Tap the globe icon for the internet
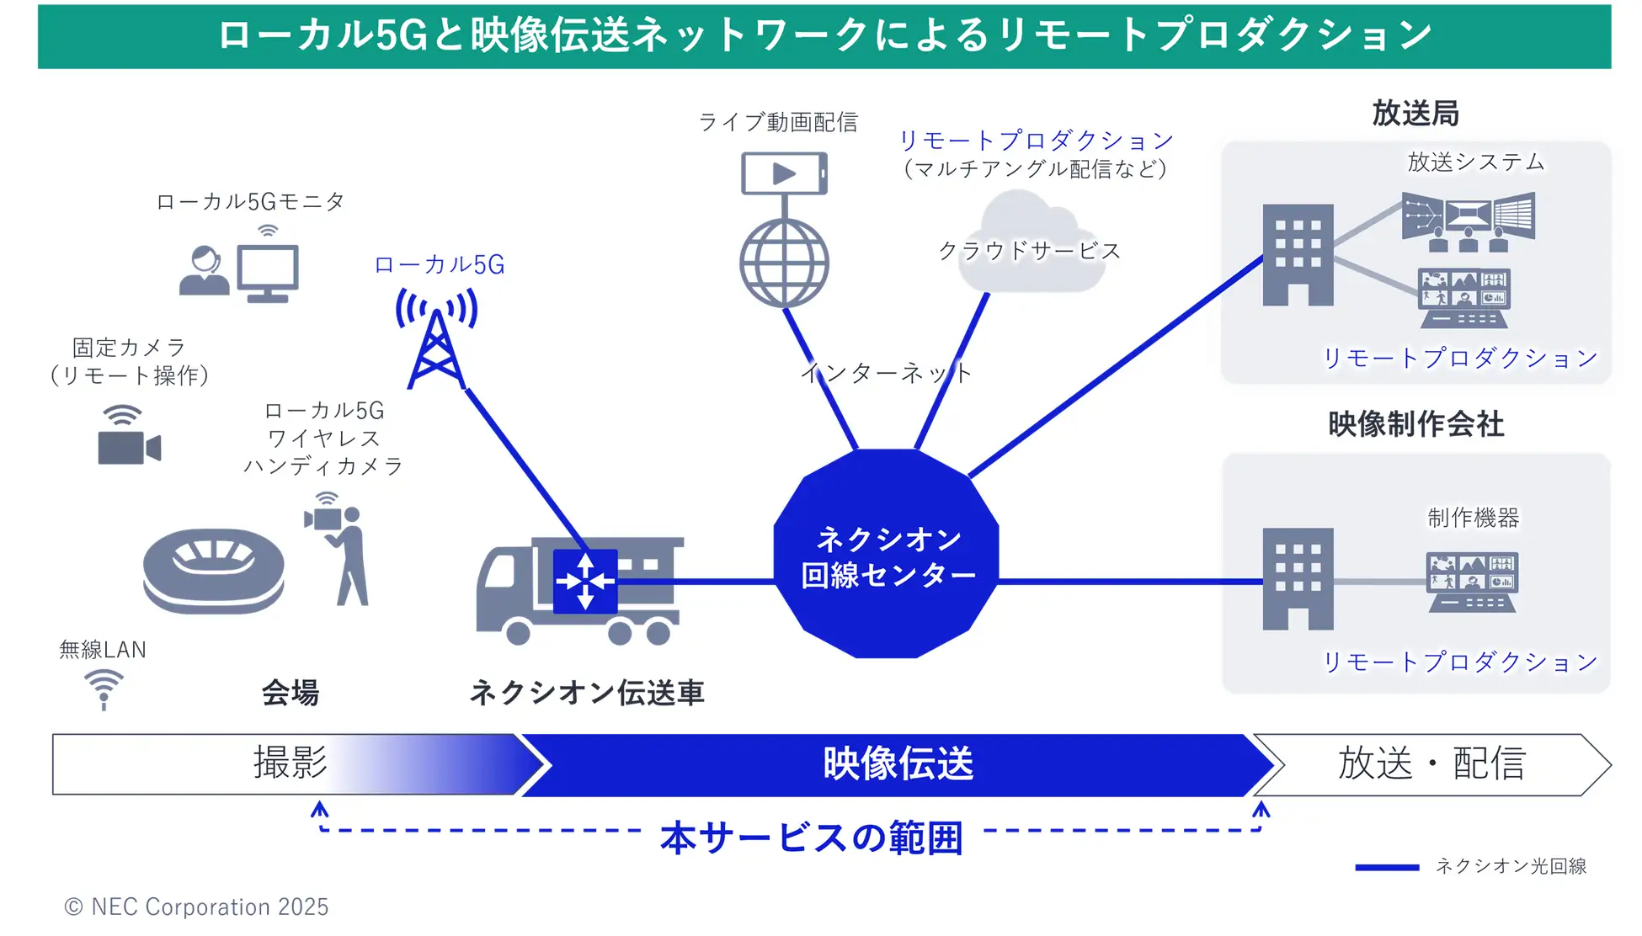[784, 263]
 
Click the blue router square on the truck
[585, 581]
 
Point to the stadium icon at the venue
[214, 570]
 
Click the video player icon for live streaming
[784, 173]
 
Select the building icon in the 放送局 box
[1298, 254]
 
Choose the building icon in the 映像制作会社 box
[1298, 579]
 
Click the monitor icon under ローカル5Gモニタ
[268, 273]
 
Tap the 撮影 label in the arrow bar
[291, 763]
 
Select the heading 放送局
[1415, 113]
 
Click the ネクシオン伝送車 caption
[586, 693]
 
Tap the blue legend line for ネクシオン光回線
[1386, 867]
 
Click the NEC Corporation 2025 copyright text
[197, 907]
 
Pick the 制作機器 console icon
[1471, 582]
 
